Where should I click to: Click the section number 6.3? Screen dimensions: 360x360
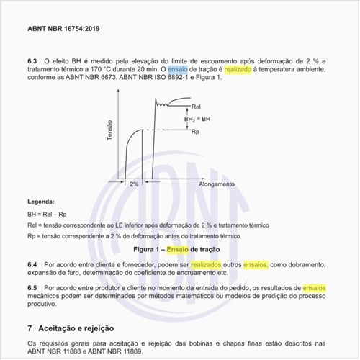(32, 61)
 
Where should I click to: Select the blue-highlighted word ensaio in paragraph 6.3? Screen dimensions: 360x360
(177, 70)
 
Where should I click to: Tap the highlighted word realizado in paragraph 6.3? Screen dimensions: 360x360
(238, 70)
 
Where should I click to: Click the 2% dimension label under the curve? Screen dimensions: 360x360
(135, 184)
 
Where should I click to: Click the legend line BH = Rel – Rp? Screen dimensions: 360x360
(47, 214)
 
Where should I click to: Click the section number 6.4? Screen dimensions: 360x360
(32, 265)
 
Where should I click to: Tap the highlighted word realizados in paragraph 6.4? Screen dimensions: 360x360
(206, 265)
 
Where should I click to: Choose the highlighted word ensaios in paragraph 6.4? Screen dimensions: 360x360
(255, 265)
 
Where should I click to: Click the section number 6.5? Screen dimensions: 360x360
(32, 287)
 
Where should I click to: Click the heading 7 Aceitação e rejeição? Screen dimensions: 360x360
(77, 327)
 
